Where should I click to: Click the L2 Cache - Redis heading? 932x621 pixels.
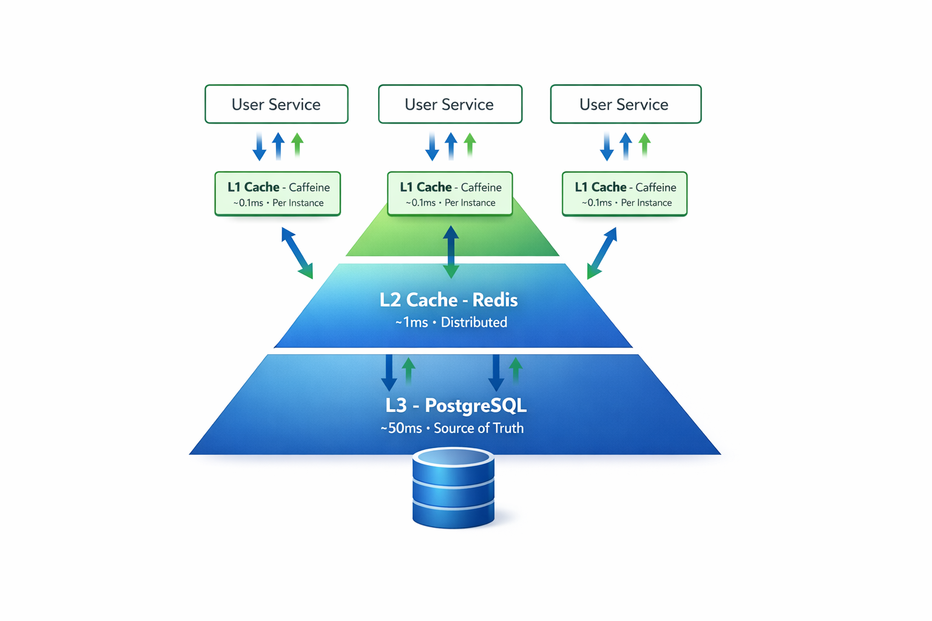click(448, 300)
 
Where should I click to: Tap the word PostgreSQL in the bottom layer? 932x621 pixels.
click(476, 405)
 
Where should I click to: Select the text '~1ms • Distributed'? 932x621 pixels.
click(451, 323)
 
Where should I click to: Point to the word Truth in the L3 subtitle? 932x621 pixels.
click(508, 428)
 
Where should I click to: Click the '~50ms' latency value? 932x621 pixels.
click(401, 428)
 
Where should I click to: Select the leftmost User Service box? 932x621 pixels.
click(276, 104)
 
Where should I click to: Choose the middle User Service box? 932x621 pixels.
click(450, 104)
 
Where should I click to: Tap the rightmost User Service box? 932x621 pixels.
click(626, 104)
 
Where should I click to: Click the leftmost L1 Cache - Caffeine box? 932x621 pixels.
click(278, 193)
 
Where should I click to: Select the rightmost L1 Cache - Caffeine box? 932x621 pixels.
click(624, 193)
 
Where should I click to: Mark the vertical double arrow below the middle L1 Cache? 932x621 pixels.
click(451, 252)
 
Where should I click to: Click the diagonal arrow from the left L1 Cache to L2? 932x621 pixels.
click(297, 253)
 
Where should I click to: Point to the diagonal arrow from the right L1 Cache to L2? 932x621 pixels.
click(602, 253)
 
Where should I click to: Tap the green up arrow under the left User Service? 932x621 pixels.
click(297, 146)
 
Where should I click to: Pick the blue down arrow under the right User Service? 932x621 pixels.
click(607, 147)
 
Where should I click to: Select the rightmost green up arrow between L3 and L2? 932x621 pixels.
click(516, 370)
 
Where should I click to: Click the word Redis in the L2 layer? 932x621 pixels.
click(495, 300)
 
